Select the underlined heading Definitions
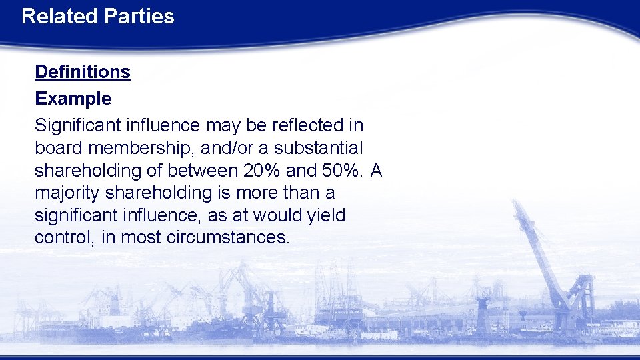click(x=83, y=72)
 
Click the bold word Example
click(x=73, y=99)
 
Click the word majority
click(x=67, y=193)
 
